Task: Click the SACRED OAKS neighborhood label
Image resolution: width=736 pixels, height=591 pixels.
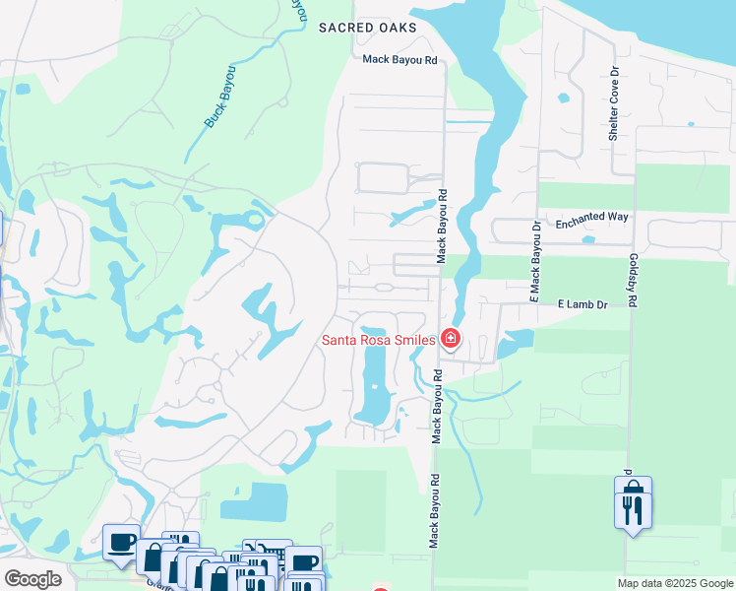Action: (x=368, y=28)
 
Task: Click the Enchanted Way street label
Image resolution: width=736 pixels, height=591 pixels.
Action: (x=591, y=225)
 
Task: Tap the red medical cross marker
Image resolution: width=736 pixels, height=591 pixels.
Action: (x=451, y=340)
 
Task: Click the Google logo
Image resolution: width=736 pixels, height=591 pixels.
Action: (x=32, y=578)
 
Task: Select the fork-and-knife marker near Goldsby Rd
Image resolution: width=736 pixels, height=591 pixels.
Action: (x=633, y=508)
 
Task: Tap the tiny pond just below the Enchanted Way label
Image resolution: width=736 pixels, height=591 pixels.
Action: (x=588, y=238)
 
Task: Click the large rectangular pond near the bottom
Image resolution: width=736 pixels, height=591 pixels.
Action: (x=254, y=501)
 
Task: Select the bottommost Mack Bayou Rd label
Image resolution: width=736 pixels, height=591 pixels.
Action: (x=433, y=508)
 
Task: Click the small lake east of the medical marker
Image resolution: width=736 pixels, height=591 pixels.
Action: (x=515, y=343)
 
